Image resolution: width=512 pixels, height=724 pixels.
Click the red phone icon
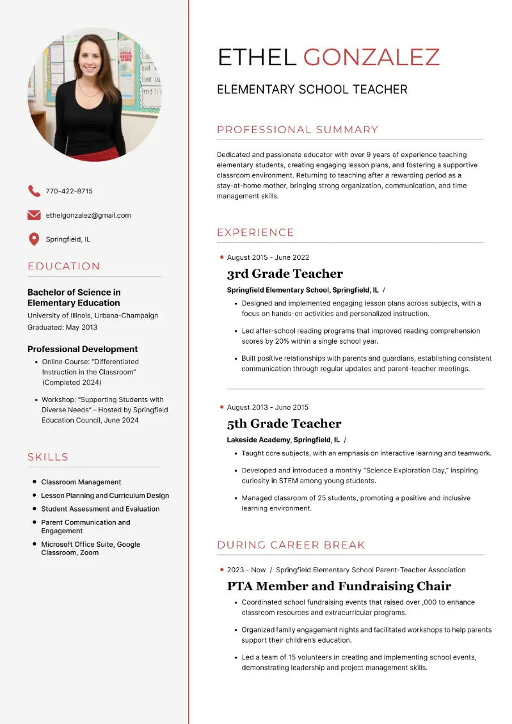tap(34, 191)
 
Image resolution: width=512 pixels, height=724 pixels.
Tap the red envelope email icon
tap(34, 215)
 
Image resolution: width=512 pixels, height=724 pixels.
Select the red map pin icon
tap(34, 239)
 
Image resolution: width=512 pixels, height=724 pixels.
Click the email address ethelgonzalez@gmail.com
tap(88, 215)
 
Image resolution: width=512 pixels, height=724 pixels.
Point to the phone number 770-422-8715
tap(69, 191)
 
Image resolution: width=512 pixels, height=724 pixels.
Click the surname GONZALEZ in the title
tap(371, 58)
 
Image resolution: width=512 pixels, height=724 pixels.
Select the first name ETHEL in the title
tap(257, 58)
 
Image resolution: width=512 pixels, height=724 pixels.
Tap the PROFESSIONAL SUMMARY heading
tap(298, 130)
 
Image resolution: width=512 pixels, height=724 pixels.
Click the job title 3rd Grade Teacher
tap(285, 274)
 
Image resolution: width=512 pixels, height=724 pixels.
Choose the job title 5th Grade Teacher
tap(284, 424)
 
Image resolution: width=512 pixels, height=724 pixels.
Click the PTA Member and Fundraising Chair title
tap(339, 586)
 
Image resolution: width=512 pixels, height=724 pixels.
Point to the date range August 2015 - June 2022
tap(268, 257)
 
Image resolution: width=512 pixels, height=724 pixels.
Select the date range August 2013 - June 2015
tap(268, 407)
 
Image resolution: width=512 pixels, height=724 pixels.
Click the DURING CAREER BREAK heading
tap(291, 545)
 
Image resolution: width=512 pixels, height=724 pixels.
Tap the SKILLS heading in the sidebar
tap(48, 457)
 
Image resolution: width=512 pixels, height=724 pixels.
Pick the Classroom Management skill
tap(81, 482)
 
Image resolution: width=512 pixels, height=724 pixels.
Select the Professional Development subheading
tap(83, 349)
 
